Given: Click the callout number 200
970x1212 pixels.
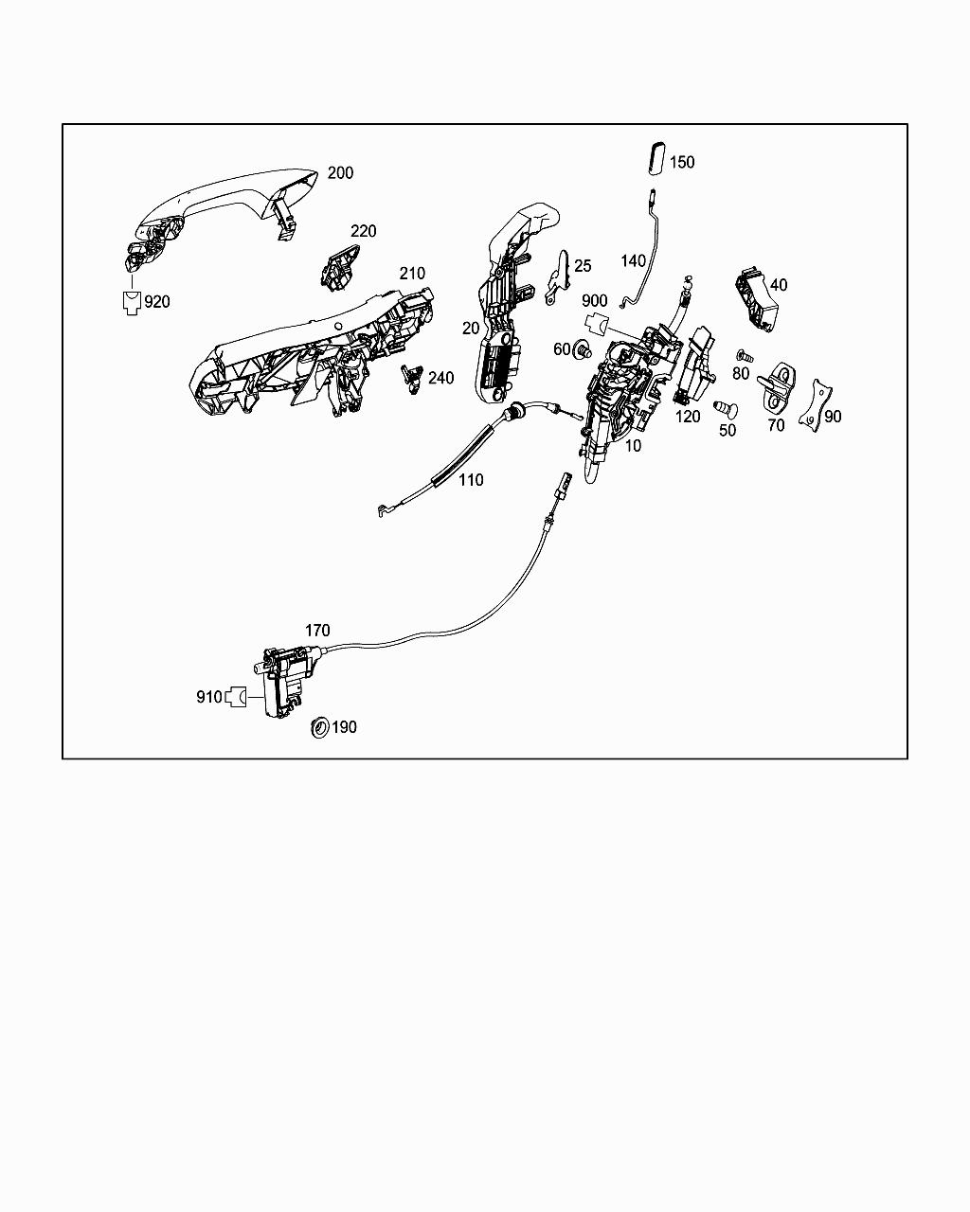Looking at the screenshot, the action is (340, 173).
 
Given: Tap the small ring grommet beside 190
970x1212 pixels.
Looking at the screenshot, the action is (320, 727).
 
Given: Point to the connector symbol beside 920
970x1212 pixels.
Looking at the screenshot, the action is (132, 302).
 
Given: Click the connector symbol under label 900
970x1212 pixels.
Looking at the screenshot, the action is (596, 321).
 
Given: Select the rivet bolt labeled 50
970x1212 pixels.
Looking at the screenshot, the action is (725, 408).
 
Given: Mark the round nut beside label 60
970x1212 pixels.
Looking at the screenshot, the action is (581, 348).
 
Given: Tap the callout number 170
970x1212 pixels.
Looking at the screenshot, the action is (317, 631).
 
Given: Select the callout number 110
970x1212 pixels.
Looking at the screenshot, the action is (471, 480).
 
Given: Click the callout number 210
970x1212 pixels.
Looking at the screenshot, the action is (412, 274).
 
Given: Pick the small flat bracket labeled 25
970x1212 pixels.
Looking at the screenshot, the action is (559, 277).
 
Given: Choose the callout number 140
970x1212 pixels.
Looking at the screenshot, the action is (634, 261).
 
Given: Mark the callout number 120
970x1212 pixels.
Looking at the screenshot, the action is (688, 417).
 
